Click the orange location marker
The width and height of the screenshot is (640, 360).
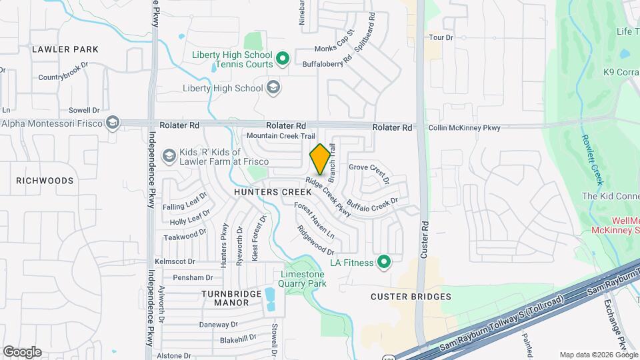(x=320, y=159)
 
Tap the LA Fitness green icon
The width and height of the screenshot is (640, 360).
(x=383, y=262)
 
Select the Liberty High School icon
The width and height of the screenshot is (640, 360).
(x=273, y=87)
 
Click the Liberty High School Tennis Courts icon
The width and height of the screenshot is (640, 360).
(x=282, y=59)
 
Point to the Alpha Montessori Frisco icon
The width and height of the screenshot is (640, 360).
(x=113, y=123)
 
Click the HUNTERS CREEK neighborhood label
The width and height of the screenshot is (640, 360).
(x=264, y=191)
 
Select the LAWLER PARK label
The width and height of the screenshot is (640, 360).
(x=65, y=49)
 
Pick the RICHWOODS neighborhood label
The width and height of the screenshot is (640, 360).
(x=45, y=181)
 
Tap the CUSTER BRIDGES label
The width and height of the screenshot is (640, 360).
(x=411, y=297)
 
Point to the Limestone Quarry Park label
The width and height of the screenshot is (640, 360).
(x=303, y=279)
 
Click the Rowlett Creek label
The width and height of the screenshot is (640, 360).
(x=592, y=159)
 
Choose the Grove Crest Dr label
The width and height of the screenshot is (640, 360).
(x=369, y=173)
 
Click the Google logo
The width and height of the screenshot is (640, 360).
(x=22, y=352)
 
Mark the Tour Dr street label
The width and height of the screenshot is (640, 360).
(x=441, y=38)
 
